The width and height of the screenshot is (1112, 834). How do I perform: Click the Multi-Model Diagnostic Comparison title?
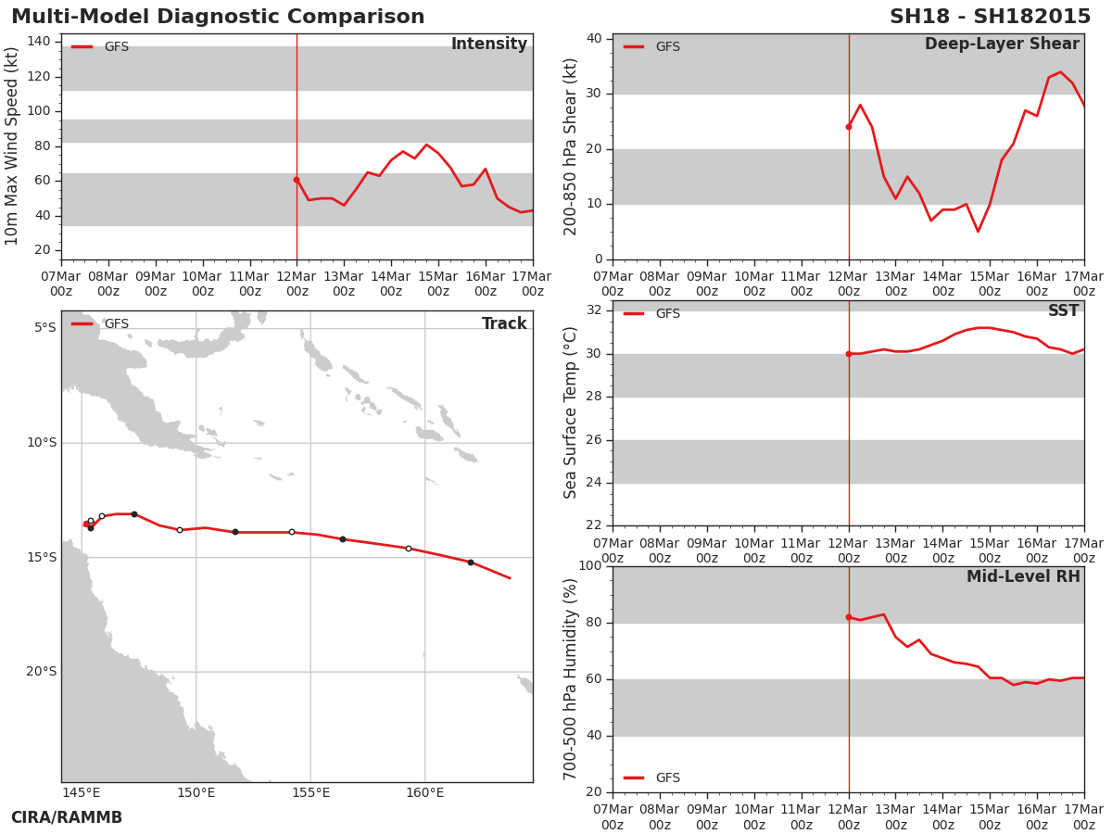[x=218, y=17]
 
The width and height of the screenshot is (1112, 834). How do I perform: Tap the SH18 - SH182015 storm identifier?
[x=990, y=17]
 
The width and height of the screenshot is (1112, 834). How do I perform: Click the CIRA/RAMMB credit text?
[x=67, y=817]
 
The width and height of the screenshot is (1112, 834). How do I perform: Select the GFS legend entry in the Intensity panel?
[x=100, y=46]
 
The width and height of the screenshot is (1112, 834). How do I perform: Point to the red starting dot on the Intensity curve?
[x=297, y=180]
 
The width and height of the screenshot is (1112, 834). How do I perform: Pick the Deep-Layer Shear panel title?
[x=1002, y=44]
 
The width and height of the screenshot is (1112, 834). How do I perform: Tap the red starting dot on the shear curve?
[x=849, y=127]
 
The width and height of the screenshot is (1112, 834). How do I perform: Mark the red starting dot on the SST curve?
[x=849, y=354]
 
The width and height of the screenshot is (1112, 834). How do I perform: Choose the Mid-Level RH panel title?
[x=1023, y=576]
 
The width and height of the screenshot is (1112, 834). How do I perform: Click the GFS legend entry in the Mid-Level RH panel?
[x=651, y=777]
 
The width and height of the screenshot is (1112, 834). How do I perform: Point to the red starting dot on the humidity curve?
[x=849, y=617]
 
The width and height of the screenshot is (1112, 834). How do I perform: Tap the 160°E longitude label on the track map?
[x=424, y=792]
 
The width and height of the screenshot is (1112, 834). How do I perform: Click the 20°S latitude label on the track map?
[x=42, y=672]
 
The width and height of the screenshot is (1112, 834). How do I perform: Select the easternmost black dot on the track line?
[x=471, y=562]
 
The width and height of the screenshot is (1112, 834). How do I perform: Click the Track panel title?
[x=504, y=323]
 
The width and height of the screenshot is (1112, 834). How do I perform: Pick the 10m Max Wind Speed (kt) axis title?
[x=11, y=146]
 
